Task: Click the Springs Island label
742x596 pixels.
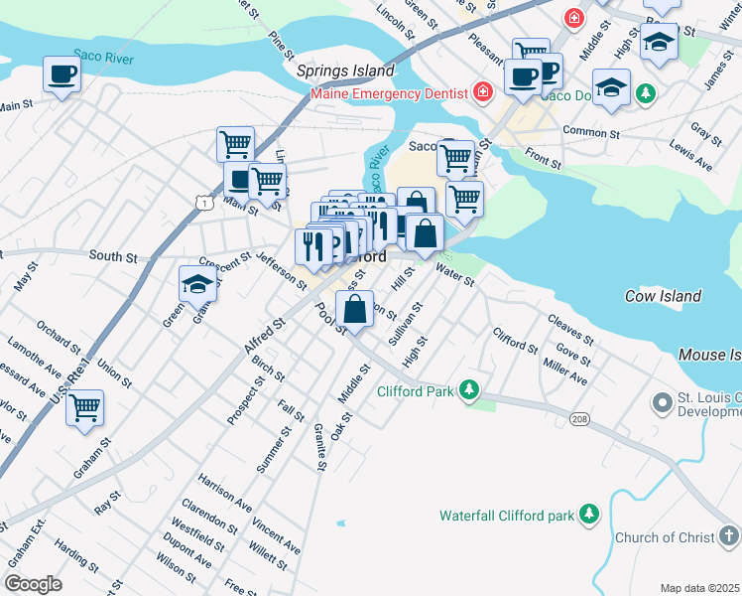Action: click(345, 72)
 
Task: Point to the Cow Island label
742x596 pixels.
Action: click(663, 296)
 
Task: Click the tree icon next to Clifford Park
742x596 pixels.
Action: click(469, 391)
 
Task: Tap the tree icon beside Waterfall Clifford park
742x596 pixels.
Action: click(589, 515)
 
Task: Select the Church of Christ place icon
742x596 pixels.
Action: click(729, 537)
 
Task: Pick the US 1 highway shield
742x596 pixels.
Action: click(203, 203)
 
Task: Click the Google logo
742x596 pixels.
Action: click(34, 583)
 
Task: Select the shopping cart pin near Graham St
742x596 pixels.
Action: click(84, 405)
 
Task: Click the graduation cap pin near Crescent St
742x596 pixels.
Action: click(197, 284)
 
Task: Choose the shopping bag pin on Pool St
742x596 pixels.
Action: click(355, 309)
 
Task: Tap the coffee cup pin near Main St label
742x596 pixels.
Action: click(62, 74)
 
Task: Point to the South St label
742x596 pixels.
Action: click(112, 256)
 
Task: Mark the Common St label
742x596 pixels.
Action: click(590, 131)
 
